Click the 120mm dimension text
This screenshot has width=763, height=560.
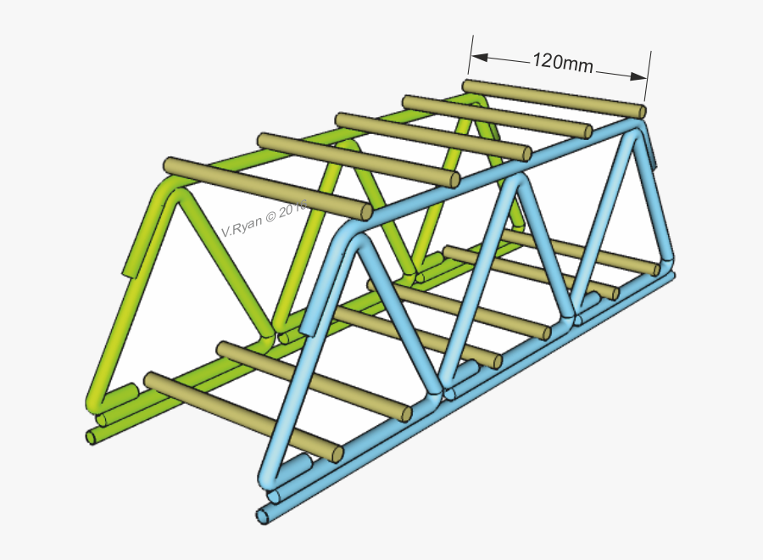[x=562, y=62]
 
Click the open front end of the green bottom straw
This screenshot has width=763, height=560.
[x=92, y=437]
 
